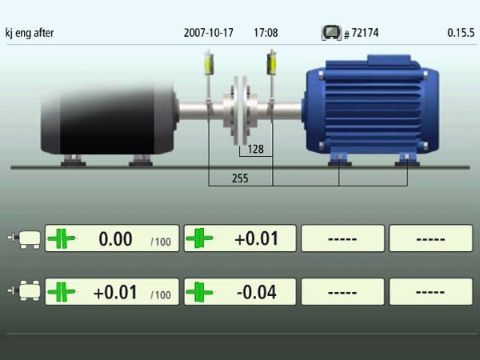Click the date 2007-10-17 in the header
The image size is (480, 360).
click(209, 33)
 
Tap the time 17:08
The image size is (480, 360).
click(266, 33)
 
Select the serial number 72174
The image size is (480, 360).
click(365, 33)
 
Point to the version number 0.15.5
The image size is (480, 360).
click(461, 33)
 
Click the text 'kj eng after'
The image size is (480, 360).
click(30, 33)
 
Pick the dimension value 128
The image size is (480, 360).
click(255, 149)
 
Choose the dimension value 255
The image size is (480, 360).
click(240, 178)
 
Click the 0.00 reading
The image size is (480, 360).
click(115, 238)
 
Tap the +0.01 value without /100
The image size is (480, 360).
click(257, 238)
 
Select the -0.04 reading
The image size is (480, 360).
click(257, 292)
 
